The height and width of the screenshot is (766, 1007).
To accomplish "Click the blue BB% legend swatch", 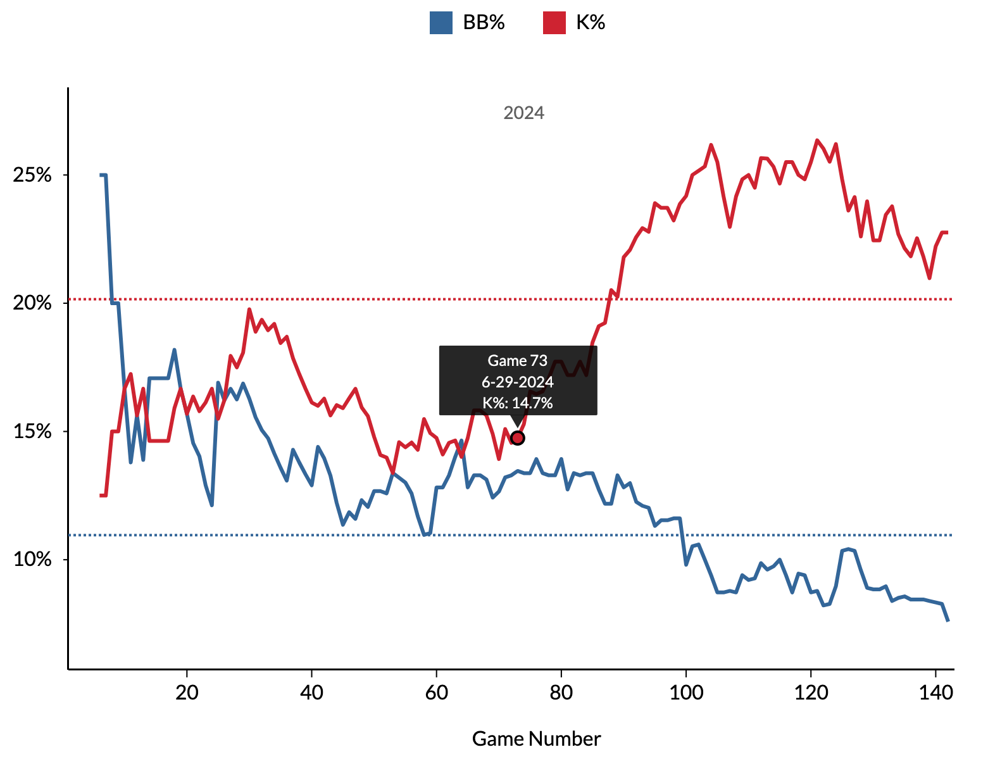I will click(x=441, y=23).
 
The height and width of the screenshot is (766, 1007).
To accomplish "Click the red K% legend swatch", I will click(x=554, y=23).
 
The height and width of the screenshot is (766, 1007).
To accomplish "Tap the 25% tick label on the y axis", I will click(x=32, y=175).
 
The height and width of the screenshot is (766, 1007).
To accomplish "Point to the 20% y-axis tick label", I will click(x=32, y=303).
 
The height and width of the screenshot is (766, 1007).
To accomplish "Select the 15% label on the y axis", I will click(x=32, y=432).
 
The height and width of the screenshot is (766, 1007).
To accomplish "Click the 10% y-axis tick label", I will click(x=32, y=560).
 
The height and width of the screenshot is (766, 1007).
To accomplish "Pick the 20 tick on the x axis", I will click(x=187, y=693).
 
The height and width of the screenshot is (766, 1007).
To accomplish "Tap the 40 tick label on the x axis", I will click(x=311, y=693).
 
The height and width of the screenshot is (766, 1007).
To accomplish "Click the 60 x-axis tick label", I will click(x=436, y=693).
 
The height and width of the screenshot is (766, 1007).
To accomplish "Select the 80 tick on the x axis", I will click(x=561, y=693).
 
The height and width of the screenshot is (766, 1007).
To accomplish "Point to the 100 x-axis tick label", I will click(x=686, y=693).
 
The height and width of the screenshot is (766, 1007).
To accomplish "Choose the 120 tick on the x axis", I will click(x=811, y=693).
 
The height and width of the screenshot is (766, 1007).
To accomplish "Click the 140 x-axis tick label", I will click(x=935, y=693).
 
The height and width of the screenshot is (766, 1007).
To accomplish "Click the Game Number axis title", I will click(x=536, y=739).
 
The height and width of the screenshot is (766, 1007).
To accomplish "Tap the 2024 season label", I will click(x=523, y=113).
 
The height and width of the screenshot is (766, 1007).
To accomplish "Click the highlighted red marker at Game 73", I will click(x=518, y=438).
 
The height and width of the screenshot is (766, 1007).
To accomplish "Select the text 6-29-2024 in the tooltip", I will click(x=518, y=382).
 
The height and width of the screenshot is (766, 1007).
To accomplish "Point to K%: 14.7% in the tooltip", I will click(x=518, y=403).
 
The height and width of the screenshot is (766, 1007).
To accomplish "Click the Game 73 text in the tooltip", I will click(x=518, y=361).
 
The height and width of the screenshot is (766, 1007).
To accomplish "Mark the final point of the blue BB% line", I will click(x=948, y=620).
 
